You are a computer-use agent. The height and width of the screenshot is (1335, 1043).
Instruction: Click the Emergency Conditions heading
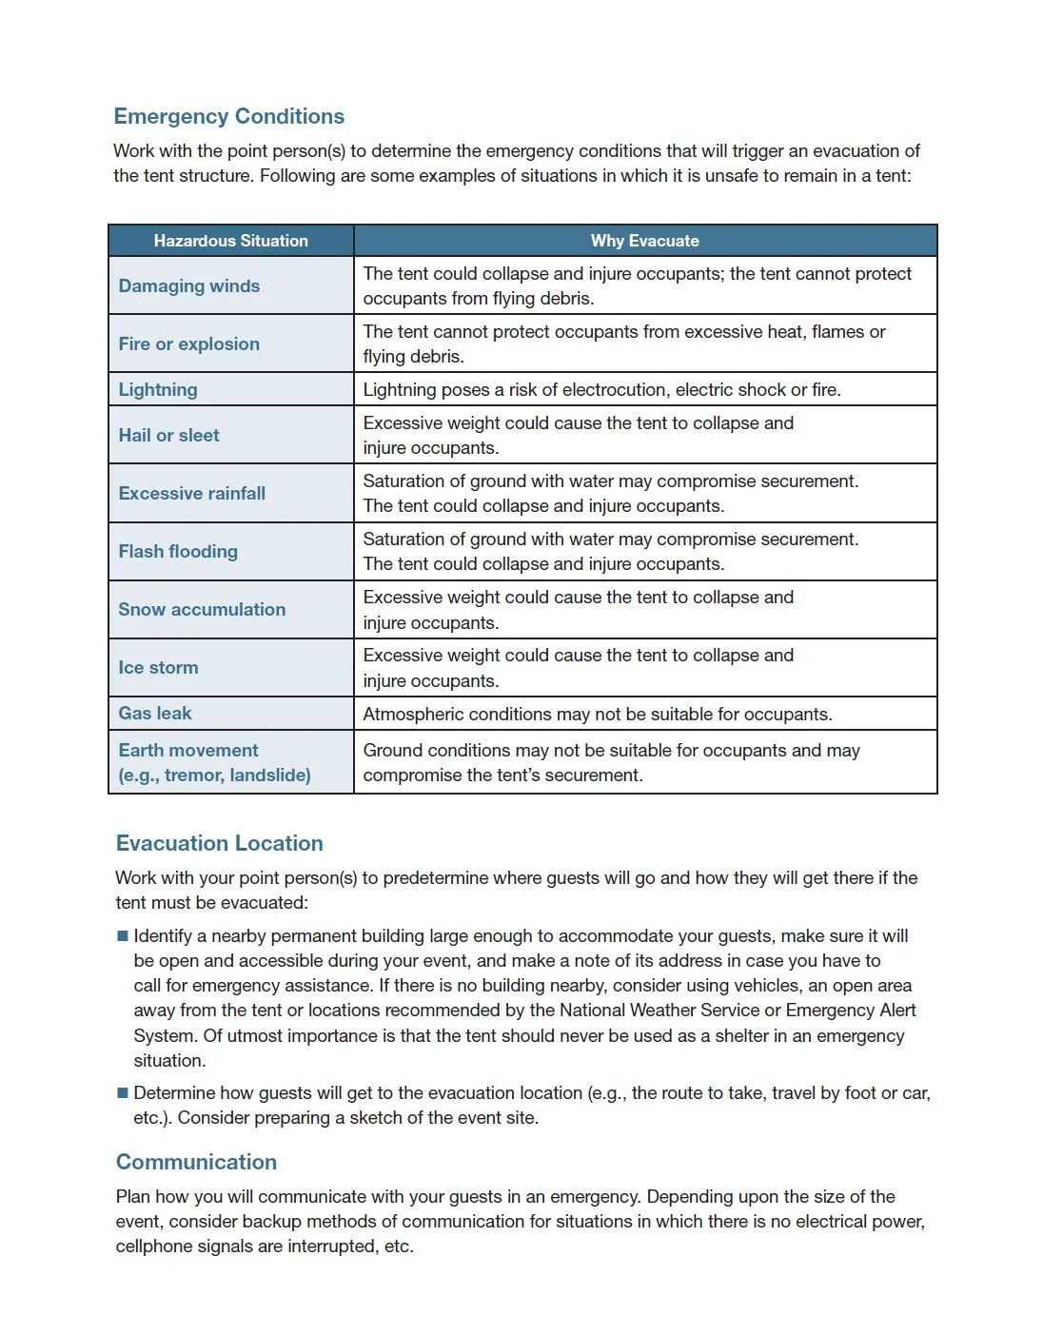click(228, 116)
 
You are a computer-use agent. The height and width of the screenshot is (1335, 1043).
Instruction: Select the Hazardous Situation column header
click(230, 241)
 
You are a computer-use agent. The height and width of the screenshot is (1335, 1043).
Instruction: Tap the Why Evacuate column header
click(644, 241)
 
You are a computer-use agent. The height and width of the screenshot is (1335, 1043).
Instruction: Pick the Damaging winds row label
click(188, 285)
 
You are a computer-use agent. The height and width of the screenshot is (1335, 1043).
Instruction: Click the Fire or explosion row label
click(188, 344)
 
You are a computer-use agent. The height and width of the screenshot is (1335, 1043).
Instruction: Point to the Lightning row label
click(158, 389)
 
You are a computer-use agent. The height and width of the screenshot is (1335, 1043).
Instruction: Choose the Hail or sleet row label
click(168, 435)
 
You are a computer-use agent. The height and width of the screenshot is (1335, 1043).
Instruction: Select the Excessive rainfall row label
click(191, 493)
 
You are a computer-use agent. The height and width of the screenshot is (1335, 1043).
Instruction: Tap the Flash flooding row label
click(178, 551)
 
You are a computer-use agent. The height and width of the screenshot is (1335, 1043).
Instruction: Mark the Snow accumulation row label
click(202, 609)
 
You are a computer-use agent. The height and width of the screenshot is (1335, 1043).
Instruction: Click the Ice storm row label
click(158, 667)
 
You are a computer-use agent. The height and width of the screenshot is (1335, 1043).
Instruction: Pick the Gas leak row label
click(154, 713)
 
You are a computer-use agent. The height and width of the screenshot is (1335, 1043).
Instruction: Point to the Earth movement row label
click(214, 762)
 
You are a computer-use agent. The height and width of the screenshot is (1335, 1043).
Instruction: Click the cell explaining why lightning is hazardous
click(601, 389)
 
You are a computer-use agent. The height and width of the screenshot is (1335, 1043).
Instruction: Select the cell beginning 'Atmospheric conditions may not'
click(597, 714)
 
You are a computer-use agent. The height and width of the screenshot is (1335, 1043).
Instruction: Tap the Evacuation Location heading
click(219, 843)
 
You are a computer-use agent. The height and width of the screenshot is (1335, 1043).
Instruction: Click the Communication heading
click(196, 1162)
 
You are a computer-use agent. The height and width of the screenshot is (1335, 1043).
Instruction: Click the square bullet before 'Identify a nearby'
click(122, 936)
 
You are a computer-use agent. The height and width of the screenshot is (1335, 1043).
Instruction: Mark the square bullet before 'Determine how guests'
click(122, 1093)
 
